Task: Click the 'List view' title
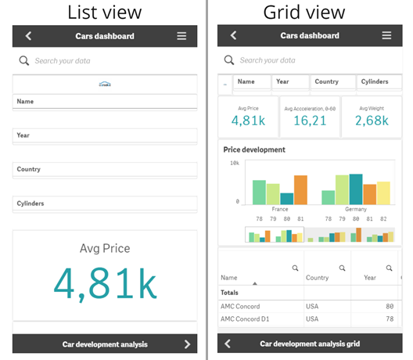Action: click(x=104, y=12)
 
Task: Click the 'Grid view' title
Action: click(x=310, y=12)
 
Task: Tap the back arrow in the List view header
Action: click(x=28, y=36)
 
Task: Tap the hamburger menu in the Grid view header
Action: click(x=386, y=36)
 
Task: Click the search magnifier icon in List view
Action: click(x=24, y=60)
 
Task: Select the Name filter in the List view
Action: click(x=105, y=102)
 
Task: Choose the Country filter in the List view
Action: click(x=105, y=169)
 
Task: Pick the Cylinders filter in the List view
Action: click(x=105, y=203)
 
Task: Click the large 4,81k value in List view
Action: click(x=104, y=284)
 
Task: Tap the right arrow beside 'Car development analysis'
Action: click(x=187, y=344)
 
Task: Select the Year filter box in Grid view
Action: click(x=290, y=82)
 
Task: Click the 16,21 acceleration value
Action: click(x=310, y=121)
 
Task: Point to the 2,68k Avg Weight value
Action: click(x=371, y=121)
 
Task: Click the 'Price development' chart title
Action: click(x=254, y=149)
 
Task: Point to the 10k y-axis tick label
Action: click(x=234, y=164)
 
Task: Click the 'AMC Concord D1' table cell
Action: click(x=245, y=319)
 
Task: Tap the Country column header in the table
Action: click(x=317, y=277)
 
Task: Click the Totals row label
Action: click(x=234, y=293)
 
